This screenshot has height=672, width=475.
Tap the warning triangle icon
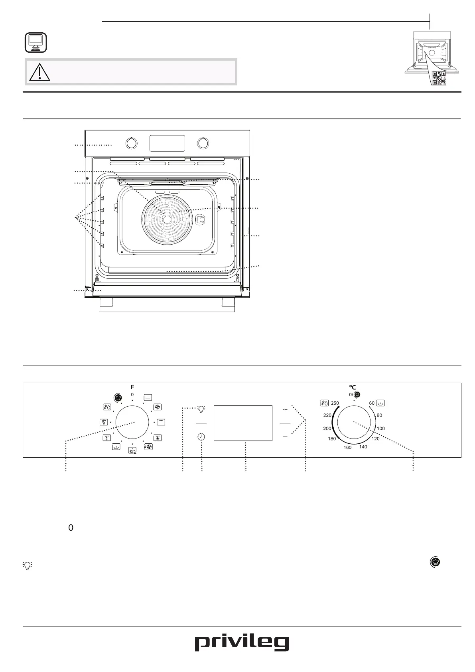[x=39, y=72]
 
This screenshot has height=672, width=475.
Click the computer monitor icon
[x=35, y=43]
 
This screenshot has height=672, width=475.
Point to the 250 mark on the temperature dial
[x=335, y=403]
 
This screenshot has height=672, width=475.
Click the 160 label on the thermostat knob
[x=347, y=447]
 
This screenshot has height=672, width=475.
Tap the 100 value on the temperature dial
[x=380, y=429]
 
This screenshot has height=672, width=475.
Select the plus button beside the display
[x=285, y=409]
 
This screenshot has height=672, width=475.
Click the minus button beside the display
[x=285, y=437]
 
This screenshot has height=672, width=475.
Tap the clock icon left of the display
[x=201, y=437]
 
